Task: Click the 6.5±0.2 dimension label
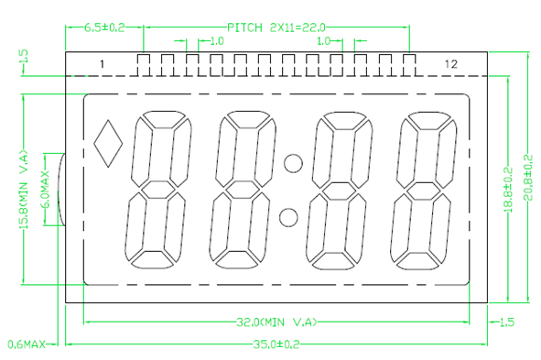click(x=104, y=27)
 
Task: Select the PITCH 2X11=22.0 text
click(x=276, y=27)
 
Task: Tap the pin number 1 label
click(x=102, y=64)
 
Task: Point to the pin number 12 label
click(x=451, y=64)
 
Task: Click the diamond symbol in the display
click(x=108, y=144)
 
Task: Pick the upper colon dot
click(x=293, y=163)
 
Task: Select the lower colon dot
click(x=288, y=217)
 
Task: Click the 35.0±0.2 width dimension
click(x=276, y=344)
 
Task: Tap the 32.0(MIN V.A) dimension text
click(x=276, y=322)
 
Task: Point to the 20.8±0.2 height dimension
click(x=528, y=178)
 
